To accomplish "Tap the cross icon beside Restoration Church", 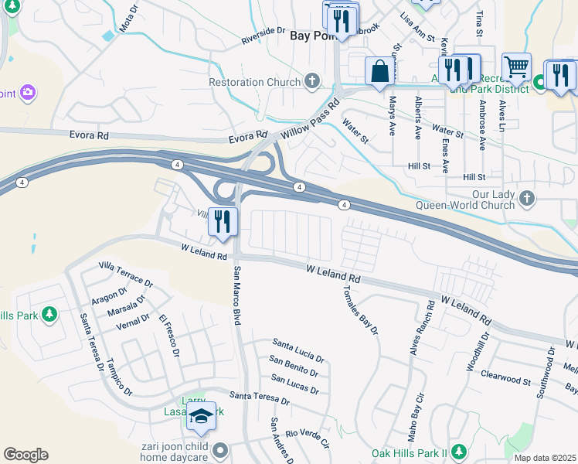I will (312, 80).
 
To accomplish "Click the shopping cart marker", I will (516, 67).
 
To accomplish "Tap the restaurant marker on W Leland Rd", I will (223, 221).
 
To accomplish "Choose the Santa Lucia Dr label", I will (298, 350).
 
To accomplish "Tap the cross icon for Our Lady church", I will (528, 198).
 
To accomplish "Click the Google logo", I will (25, 455).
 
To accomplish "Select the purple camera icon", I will (28, 94).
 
